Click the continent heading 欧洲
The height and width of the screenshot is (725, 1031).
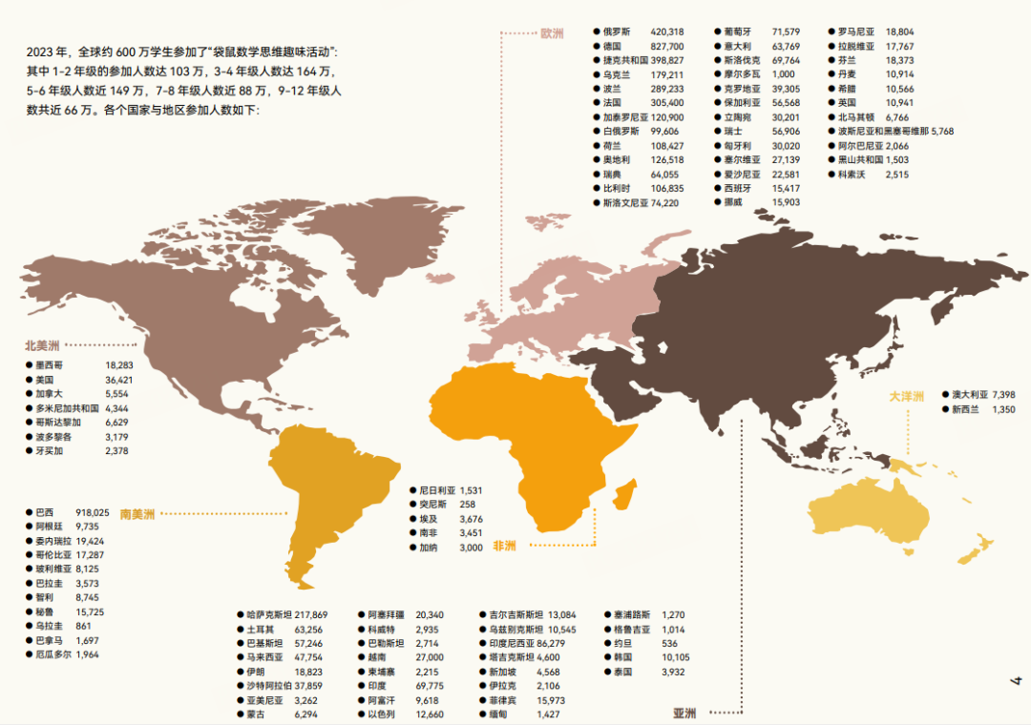click(552, 33)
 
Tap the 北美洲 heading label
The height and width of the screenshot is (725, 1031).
click(43, 345)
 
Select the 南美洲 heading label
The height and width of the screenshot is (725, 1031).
click(137, 514)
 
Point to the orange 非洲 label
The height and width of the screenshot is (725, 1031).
click(504, 547)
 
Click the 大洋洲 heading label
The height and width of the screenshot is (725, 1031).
click(907, 396)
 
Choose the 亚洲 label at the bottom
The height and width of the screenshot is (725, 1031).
click(684, 713)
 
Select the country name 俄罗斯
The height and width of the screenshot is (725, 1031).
click(617, 31)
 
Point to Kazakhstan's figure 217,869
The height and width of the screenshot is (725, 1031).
click(311, 615)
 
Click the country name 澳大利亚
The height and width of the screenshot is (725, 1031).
click(969, 394)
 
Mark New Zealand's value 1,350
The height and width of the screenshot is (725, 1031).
click(1003, 409)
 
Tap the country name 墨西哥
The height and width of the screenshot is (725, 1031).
click(49, 364)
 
